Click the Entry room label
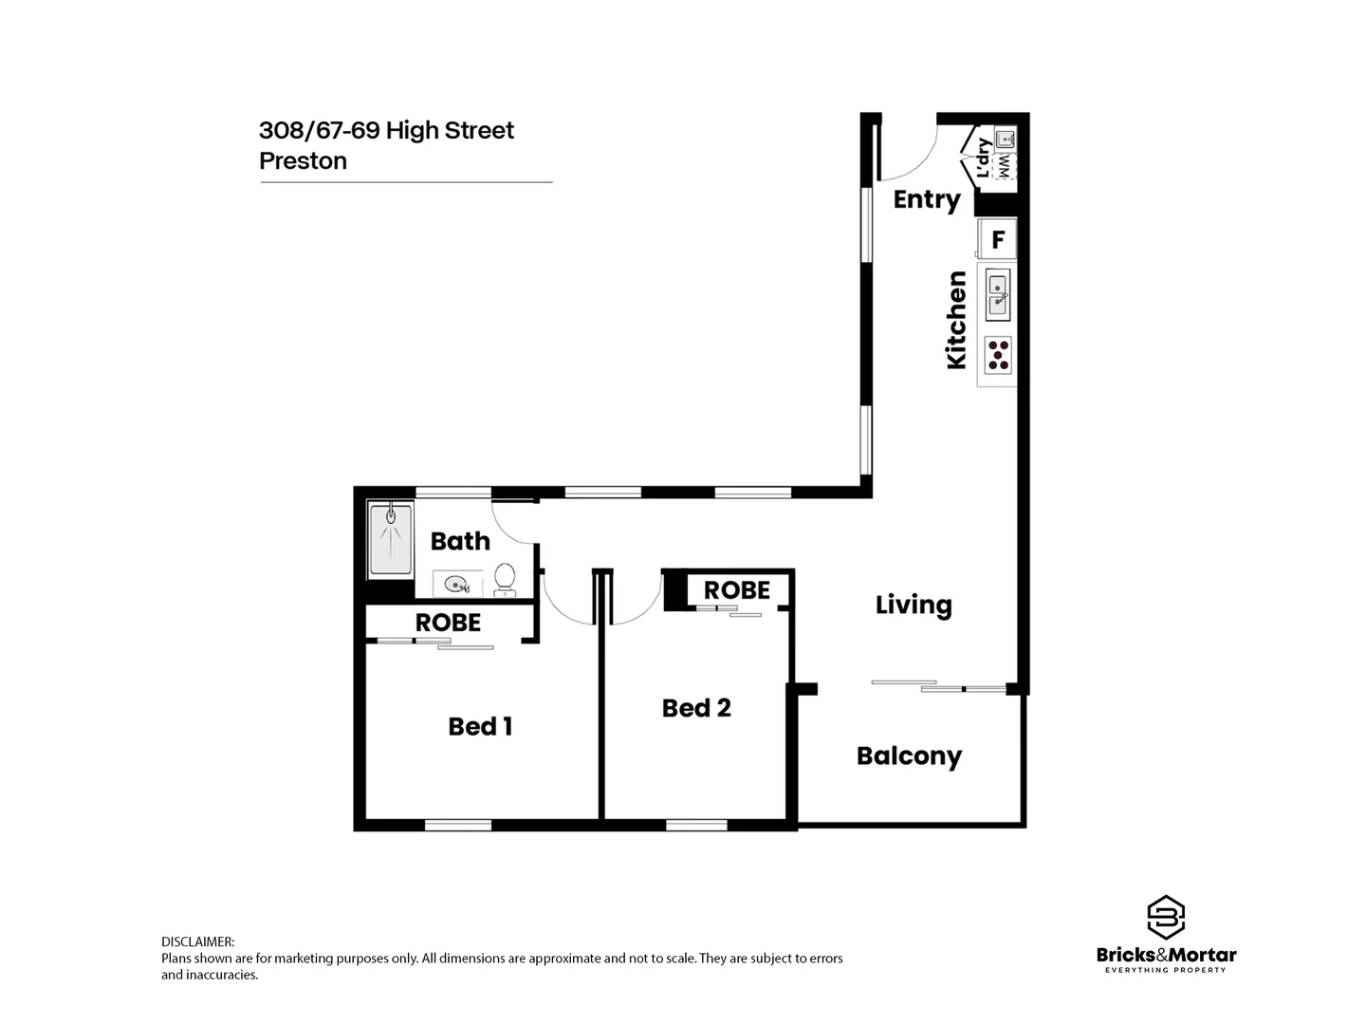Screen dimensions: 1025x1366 coord(927,199)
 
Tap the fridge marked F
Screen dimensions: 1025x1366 coord(998,239)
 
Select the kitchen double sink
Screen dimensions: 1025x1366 coord(998,294)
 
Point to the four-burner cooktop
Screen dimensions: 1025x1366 coord(999,354)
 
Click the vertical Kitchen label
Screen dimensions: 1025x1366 coord(956,320)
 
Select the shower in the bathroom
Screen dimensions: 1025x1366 coord(390,540)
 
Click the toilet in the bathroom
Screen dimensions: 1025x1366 coord(505,579)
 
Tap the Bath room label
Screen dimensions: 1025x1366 coord(460,541)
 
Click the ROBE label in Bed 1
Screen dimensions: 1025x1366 coord(448,623)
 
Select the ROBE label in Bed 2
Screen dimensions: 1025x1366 coord(736,590)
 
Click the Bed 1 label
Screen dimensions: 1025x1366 coord(480,727)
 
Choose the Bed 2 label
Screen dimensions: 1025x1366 coord(696,708)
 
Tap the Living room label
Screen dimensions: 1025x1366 coord(913,606)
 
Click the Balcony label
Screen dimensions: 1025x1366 coord(909,756)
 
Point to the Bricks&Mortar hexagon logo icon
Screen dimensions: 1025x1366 coord(1166,917)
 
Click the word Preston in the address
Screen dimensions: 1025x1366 coord(303,161)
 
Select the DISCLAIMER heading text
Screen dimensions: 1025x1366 coord(197,941)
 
